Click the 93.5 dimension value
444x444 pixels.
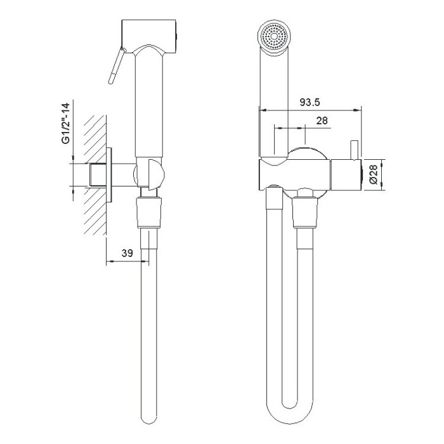click(x=310, y=102)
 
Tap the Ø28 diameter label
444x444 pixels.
click(x=374, y=174)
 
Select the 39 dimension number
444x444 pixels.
click(x=127, y=253)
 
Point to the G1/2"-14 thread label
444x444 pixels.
click(x=66, y=123)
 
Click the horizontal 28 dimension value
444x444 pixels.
click(x=322, y=121)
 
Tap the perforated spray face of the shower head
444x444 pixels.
click(x=274, y=36)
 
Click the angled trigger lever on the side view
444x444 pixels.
click(x=116, y=66)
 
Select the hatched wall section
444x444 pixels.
click(x=95, y=175)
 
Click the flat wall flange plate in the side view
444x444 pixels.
click(x=109, y=174)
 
